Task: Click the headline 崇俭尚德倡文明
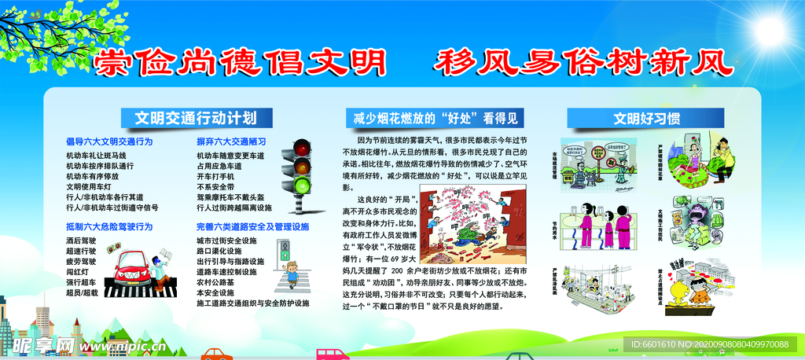[240, 61]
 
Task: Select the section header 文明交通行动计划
[195, 118]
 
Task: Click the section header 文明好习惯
[646, 119]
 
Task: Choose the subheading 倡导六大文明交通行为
[109, 142]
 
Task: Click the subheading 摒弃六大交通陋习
[231, 142]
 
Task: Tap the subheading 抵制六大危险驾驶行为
[109, 227]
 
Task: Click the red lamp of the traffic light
[302, 149]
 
